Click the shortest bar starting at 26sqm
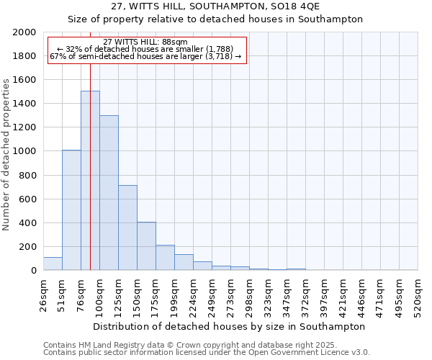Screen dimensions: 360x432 (53, 264)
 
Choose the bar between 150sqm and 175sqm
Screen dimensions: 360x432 (146, 246)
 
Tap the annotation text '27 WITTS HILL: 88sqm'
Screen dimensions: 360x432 (145, 42)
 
